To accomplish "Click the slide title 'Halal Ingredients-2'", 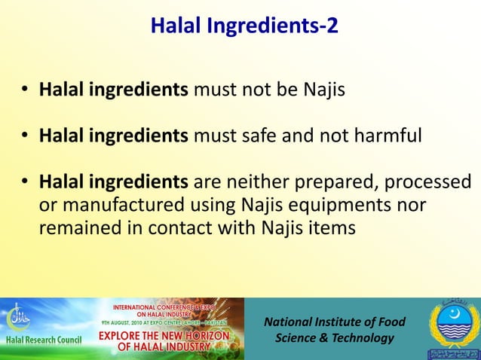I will click(244, 26).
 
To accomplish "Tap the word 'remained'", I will click(78, 227).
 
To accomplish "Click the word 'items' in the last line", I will click(332, 227).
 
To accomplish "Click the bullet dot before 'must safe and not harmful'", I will click(26, 137).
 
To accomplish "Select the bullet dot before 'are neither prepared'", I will click(26, 184).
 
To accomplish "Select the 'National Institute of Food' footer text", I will click(334, 322).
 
